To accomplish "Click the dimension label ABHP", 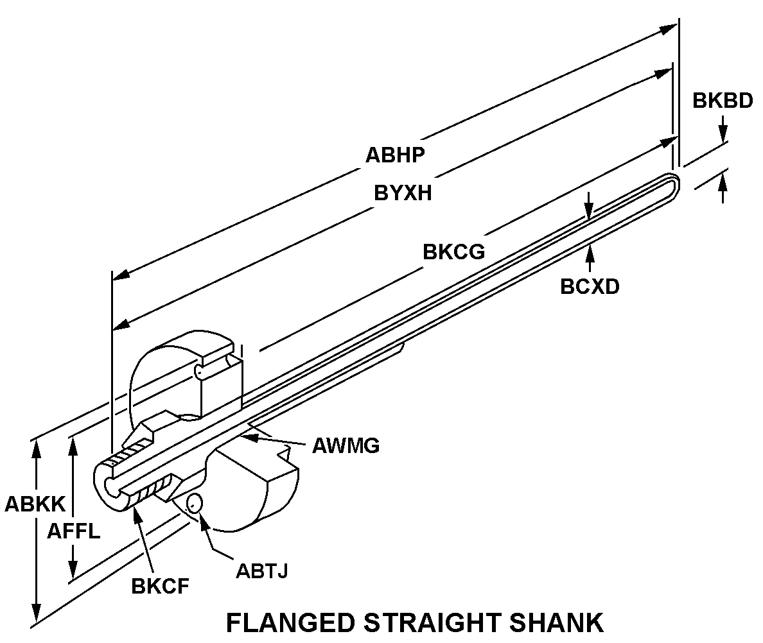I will click(x=396, y=155).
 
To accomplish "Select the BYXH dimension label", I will click(x=403, y=193).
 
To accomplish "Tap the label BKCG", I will click(x=453, y=252).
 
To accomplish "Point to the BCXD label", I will click(x=590, y=286).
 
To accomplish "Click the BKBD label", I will click(x=723, y=101).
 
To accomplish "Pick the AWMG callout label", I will click(x=346, y=445).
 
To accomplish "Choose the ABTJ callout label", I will click(x=261, y=570).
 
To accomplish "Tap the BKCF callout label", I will click(x=160, y=586).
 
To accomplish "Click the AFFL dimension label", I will click(x=74, y=531).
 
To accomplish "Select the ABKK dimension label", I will click(x=35, y=504).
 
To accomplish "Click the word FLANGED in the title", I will click(x=290, y=622).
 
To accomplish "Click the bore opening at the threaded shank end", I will click(x=110, y=486).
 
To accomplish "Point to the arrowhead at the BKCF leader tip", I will click(x=137, y=510).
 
